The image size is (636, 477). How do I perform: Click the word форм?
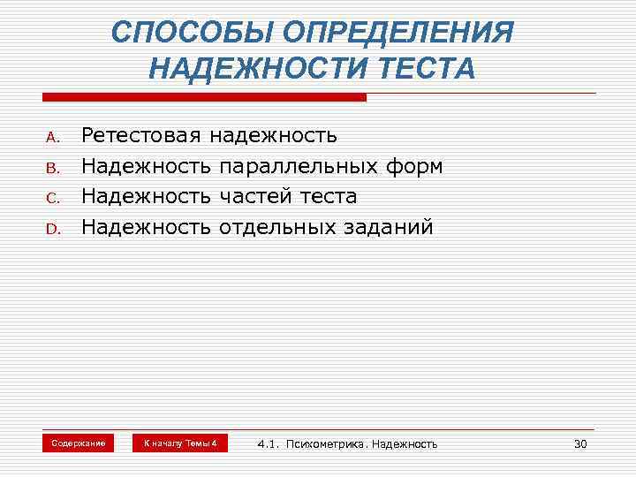click(411, 166)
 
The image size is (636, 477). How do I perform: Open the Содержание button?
click(79, 443)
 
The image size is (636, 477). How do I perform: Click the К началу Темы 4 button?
click(180, 443)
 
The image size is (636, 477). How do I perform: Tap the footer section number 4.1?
click(268, 444)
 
